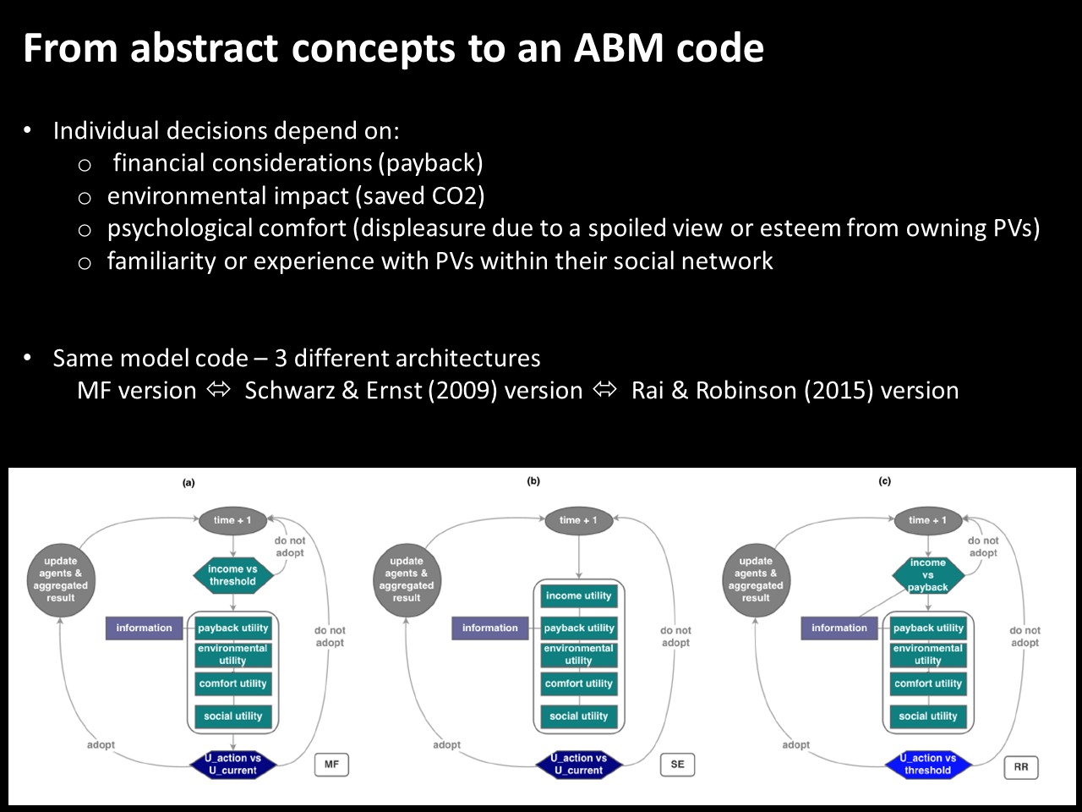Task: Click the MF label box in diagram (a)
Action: click(x=331, y=764)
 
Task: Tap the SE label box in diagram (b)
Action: click(x=677, y=764)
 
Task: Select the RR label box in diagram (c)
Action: click(x=1021, y=767)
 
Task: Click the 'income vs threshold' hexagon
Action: click(x=232, y=575)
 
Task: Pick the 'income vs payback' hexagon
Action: click(x=927, y=575)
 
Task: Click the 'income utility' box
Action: click(x=579, y=595)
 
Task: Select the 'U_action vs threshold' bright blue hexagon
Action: click(x=927, y=765)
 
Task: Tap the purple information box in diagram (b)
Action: click(x=490, y=628)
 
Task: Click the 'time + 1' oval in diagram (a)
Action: click(x=232, y=520)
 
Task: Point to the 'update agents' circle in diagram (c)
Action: click(x=756, y=579)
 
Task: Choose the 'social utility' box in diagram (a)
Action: click(x=232, y=716)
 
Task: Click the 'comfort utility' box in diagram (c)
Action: click(x=927, y=683)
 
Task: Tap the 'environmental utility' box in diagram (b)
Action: click(x=579, y=655)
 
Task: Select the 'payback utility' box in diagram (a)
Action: click(x=232, y=628)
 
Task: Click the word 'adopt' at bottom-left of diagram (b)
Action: click(x=446, y=744)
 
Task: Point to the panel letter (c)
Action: click(x=885, y=481)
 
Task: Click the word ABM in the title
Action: click(x=619, y=48)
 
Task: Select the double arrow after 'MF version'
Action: click(x=218, y=390)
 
